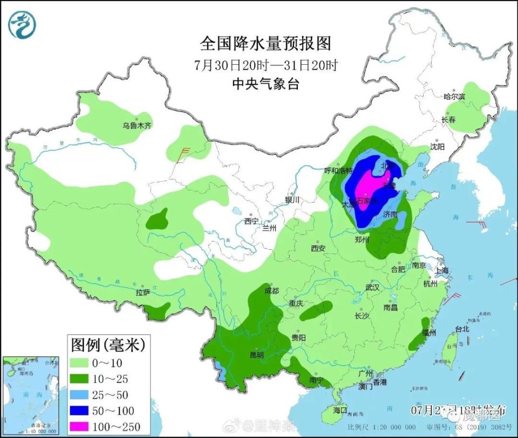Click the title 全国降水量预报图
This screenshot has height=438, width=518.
[265, 44]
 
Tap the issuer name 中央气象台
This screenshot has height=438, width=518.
[265, 84]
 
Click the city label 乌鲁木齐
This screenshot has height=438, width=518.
[137, 125]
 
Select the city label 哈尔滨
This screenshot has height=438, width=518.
[454, 97]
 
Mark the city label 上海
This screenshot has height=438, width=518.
[443, 271]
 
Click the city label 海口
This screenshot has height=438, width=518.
[340, 410]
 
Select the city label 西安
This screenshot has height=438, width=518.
[318, 249]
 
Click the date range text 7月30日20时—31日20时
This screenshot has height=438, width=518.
[265, 65]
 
